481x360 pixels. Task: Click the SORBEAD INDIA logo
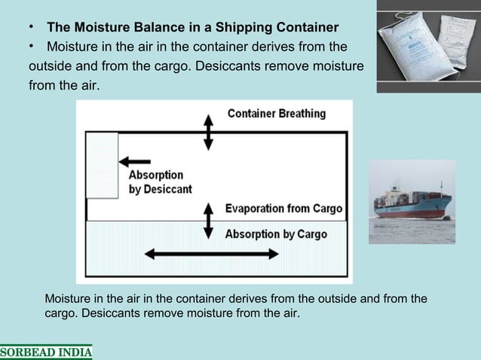click(x=46, y=352)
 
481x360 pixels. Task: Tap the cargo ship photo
click(x=412, y=201)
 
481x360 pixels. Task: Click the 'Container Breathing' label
click(x=277, y=114)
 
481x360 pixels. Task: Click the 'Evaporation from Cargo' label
click(x=284, y=209)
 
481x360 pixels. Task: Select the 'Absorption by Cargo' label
click(x=276, y=233)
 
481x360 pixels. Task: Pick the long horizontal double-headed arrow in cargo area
click(x=211, y=254)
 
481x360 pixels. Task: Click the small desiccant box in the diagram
click(x=102, y=165)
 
